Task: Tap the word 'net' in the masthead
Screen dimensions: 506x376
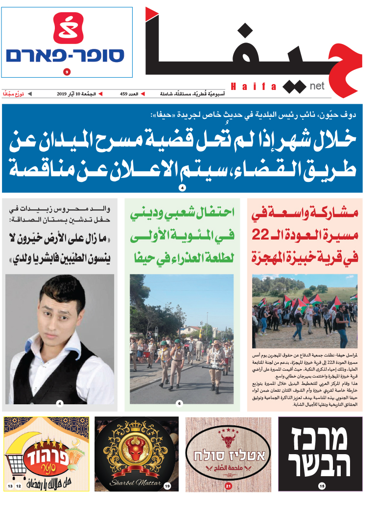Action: point(317,86)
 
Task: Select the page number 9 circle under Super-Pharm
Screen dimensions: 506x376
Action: point(67,72)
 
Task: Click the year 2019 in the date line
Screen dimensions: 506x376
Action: point(62,93)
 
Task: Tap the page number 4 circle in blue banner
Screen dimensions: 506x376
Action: point(182,188)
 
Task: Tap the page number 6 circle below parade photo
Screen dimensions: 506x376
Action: point(180,403)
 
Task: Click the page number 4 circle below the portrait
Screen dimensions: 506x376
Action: point(60,403)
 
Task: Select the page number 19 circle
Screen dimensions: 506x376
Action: point(167,486)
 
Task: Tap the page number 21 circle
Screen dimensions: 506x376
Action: point(228,486)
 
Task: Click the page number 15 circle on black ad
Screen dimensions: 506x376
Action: point(321,485)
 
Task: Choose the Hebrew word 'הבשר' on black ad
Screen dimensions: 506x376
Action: point(319,465)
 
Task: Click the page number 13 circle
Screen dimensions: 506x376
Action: point(10,486)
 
